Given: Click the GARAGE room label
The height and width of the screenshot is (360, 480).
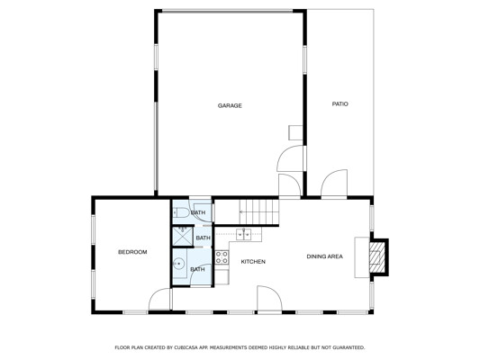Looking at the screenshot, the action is (230, 105).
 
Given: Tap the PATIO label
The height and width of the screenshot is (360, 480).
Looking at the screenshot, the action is (340, 104).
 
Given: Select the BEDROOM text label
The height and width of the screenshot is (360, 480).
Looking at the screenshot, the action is (132, 252).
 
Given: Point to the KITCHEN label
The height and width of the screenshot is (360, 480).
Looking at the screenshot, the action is (253, 262).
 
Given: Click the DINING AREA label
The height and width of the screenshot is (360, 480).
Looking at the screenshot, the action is (325, 256).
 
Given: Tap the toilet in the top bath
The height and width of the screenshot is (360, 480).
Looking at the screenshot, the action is (181, 212).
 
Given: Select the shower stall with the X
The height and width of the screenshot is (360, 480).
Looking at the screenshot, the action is (183, 236).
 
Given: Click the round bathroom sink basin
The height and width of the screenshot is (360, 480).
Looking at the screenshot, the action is (178, 263).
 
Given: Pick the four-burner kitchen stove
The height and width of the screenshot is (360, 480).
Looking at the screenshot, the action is (222, 257).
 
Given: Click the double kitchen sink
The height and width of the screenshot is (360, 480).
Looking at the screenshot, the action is (243, 234).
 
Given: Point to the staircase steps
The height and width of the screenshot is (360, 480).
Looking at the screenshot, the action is (259, 212).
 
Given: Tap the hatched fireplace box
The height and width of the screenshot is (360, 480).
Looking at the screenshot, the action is (376, 257).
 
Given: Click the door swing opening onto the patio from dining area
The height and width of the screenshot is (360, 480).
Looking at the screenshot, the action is (334, 183).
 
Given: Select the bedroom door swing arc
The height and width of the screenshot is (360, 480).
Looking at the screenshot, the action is (159, 299).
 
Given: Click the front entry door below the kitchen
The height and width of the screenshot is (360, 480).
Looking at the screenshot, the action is (269, 299).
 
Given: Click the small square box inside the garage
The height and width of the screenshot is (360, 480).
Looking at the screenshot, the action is (295, 132).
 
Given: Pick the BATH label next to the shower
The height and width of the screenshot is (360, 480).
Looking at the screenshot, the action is (204, 238).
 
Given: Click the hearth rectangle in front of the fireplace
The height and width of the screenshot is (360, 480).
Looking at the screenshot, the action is (362, 257).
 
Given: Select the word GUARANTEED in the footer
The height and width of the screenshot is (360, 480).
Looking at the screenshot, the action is (349, 347).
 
